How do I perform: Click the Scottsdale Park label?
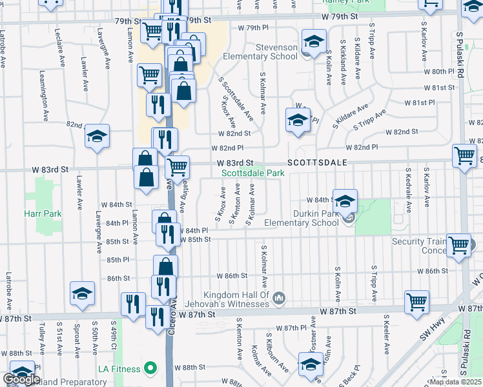[253, 173]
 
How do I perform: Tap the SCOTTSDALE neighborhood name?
[317, 163]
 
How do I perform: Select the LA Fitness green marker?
[150, 369]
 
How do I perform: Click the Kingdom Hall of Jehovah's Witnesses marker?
[278, 297]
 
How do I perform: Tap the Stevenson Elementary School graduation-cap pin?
[313, 43]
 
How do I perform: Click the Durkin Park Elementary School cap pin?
[345, 201]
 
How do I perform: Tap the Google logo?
[22, 380]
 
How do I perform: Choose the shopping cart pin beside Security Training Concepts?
[458, 245]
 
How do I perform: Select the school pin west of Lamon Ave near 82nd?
[97, 136]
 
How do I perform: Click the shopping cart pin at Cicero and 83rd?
[177, 168]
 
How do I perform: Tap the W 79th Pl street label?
[252, 28]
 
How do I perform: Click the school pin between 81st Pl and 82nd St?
[298, 120]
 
